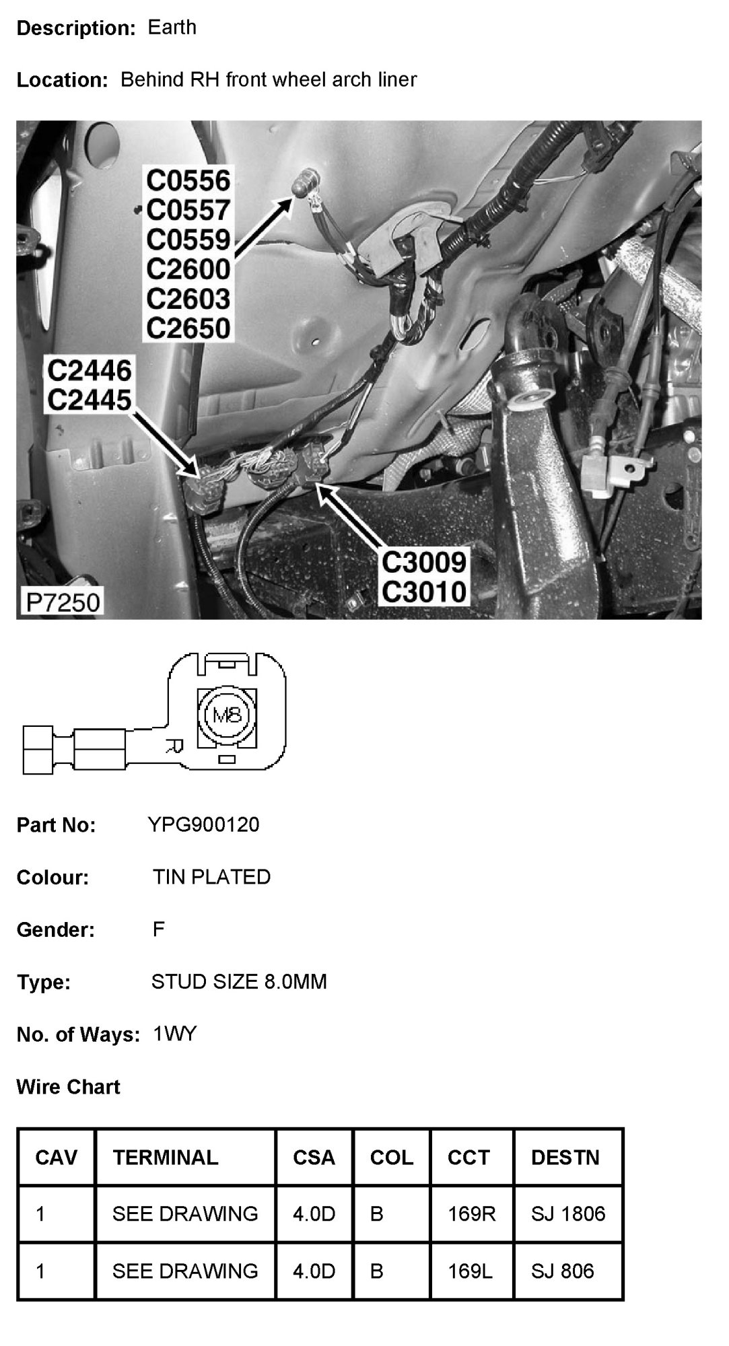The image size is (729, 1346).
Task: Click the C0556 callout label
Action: tap(188, 180)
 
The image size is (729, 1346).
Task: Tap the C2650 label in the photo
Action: tap(188, 328)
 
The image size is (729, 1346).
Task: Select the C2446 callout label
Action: tap(89, 370)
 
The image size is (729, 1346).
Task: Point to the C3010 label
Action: tap(423, 592)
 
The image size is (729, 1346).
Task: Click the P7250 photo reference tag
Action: tap(62, 601)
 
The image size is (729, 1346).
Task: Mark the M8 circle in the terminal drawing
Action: tap(227, 715)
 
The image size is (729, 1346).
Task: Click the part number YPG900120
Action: tap(203, 824)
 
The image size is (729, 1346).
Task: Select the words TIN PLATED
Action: tap(211, 877)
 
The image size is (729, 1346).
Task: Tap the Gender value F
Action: tap(159, 929)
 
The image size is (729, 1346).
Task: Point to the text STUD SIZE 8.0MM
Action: tap(239, 982)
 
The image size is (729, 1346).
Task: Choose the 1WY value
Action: tap(174, 1034)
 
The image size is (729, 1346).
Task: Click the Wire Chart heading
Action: tap(68, 1087)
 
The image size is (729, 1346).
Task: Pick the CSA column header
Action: tap(314, 1157)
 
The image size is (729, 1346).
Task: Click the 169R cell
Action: tap(471, 1213)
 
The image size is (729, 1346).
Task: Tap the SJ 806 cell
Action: tap(562, 1271)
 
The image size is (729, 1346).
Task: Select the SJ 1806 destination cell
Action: tap(567, 1213)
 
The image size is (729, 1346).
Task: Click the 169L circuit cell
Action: tap(470, 1271)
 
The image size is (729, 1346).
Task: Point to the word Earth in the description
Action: tap(172, 28)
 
